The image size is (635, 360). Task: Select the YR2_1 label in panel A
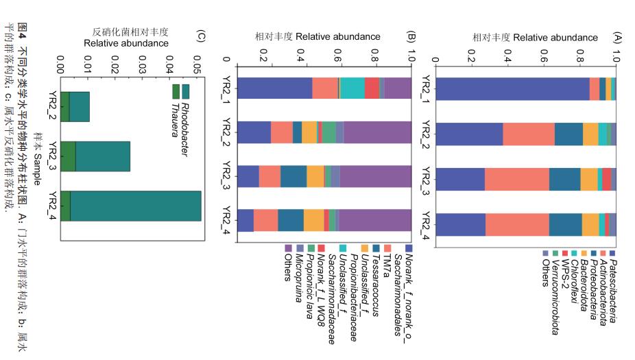click(x=426, y=90)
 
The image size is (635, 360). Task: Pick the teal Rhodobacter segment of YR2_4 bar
click(x=135, y=206)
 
